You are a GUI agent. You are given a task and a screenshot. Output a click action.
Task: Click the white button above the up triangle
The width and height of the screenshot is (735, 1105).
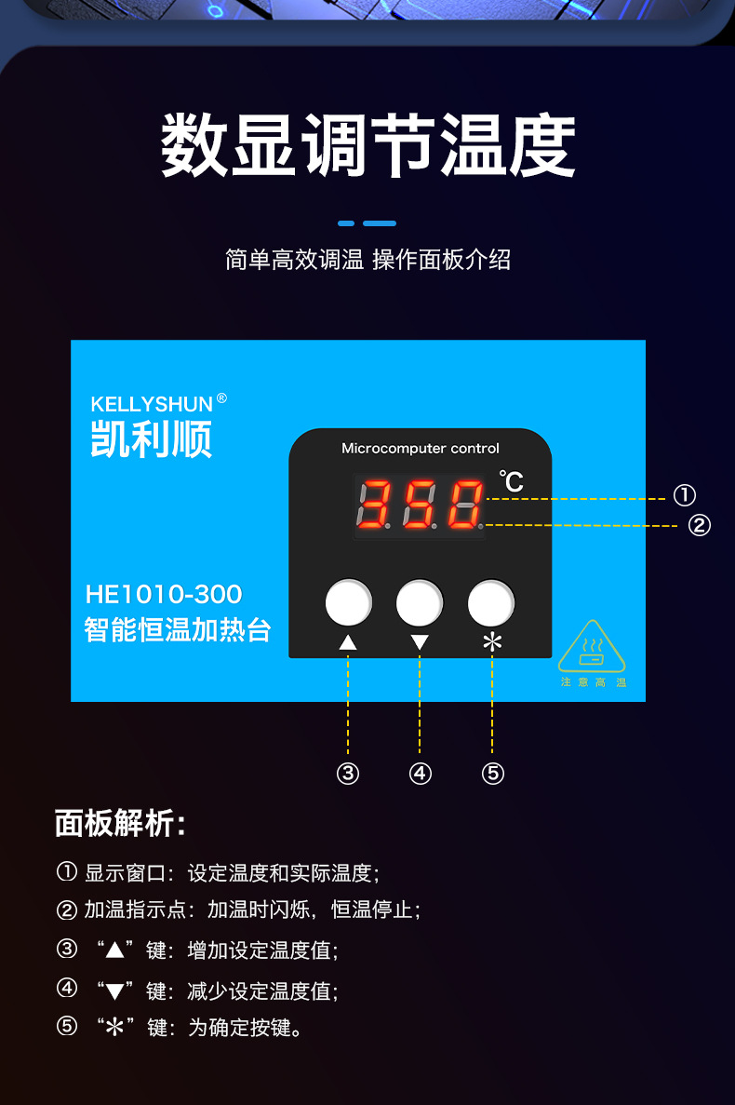point(349,603)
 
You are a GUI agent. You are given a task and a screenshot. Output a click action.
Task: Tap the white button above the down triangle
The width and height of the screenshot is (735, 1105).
point(420,603)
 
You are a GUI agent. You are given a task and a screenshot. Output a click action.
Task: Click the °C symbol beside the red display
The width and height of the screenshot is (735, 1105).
point(511,481)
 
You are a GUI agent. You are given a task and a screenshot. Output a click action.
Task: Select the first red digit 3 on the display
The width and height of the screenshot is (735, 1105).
point(375,505)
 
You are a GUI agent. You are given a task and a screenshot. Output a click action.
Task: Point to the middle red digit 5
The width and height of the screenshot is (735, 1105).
point(419,505)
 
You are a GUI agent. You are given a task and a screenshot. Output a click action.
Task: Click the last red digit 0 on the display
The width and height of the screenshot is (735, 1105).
point(464,505)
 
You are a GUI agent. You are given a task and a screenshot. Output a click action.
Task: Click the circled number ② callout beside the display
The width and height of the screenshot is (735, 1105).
point(699,526)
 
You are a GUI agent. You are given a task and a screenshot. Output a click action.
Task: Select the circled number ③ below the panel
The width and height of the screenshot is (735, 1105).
point(348,774)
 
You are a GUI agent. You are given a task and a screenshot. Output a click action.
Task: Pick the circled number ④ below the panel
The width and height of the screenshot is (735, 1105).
point(421,774)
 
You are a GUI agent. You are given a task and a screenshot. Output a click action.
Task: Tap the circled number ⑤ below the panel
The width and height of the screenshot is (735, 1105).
point(493,774)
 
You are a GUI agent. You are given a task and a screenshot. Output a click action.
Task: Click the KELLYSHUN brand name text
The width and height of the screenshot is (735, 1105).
point(152,404)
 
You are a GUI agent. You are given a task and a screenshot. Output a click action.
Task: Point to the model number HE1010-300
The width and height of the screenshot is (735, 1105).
point(164,594)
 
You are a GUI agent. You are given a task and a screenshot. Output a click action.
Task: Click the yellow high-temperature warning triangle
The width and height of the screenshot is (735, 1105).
point(592,648)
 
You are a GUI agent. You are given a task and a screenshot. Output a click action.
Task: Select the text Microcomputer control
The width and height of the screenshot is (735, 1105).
point(421,448)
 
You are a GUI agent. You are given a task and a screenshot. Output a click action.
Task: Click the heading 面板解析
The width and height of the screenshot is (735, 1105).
point(120,823)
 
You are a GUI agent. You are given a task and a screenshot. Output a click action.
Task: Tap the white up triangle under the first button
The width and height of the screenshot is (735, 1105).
point(348,641)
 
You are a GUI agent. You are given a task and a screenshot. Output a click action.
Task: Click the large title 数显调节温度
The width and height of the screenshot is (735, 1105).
point(368,146)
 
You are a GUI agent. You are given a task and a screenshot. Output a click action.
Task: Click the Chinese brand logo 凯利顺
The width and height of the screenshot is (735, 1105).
point(152,438)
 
